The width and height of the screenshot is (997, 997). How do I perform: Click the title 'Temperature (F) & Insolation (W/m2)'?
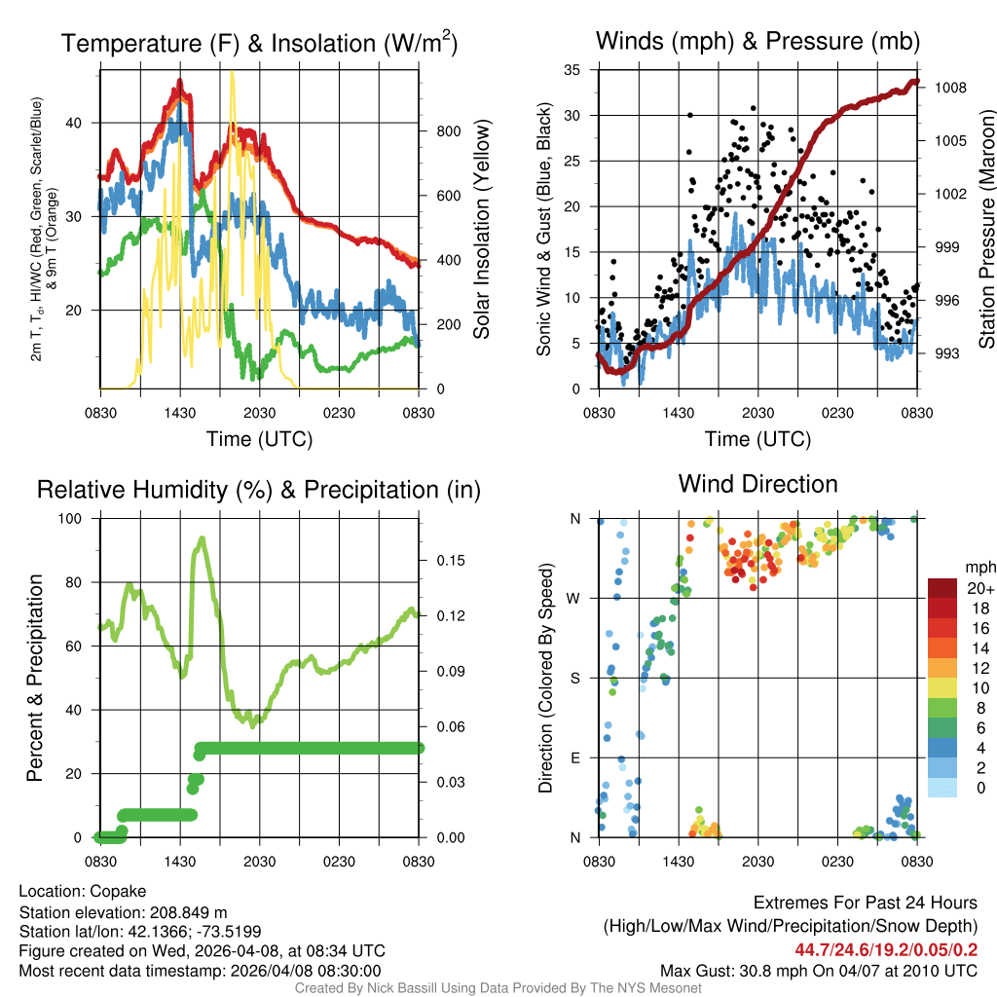(x=259, y=44)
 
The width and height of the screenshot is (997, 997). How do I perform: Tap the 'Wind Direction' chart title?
(x=757, y=484)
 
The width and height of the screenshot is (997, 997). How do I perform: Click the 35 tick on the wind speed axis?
(x=572, y=70)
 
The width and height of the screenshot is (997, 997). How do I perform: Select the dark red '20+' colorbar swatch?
(x=942, y=588)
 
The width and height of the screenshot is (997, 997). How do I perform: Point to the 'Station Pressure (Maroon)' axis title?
(x=985, y=230)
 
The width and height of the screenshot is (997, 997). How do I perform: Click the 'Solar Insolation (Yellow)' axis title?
(x=482, y=230)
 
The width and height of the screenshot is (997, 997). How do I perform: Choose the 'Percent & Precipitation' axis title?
(x=35, y=678)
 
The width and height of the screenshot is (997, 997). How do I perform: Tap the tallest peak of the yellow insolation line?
(x=231, y=73)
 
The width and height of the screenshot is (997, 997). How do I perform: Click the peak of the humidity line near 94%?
(x=203, y=538)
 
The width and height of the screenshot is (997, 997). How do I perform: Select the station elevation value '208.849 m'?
(x=187, y=912)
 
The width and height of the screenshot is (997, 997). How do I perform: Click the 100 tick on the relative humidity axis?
(x=74, y=519)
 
